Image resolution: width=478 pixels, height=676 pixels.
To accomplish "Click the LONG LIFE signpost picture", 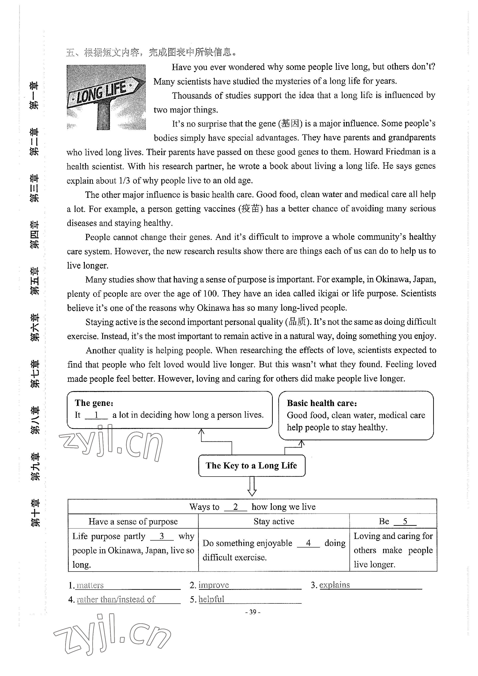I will [106, 97].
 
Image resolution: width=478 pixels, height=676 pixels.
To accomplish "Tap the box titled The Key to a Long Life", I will [251, 465].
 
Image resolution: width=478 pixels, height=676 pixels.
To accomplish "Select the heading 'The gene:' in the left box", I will [94, 403].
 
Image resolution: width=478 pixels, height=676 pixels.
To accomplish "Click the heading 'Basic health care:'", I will [322, 403].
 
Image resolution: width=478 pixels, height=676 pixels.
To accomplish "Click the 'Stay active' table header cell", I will [274, 521].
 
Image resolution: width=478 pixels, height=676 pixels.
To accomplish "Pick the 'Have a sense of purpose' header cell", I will [133, 522].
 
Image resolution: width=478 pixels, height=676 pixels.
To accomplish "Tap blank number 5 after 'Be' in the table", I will [405, 521].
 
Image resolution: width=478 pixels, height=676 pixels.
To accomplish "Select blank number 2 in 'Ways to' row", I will [235, 507].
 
